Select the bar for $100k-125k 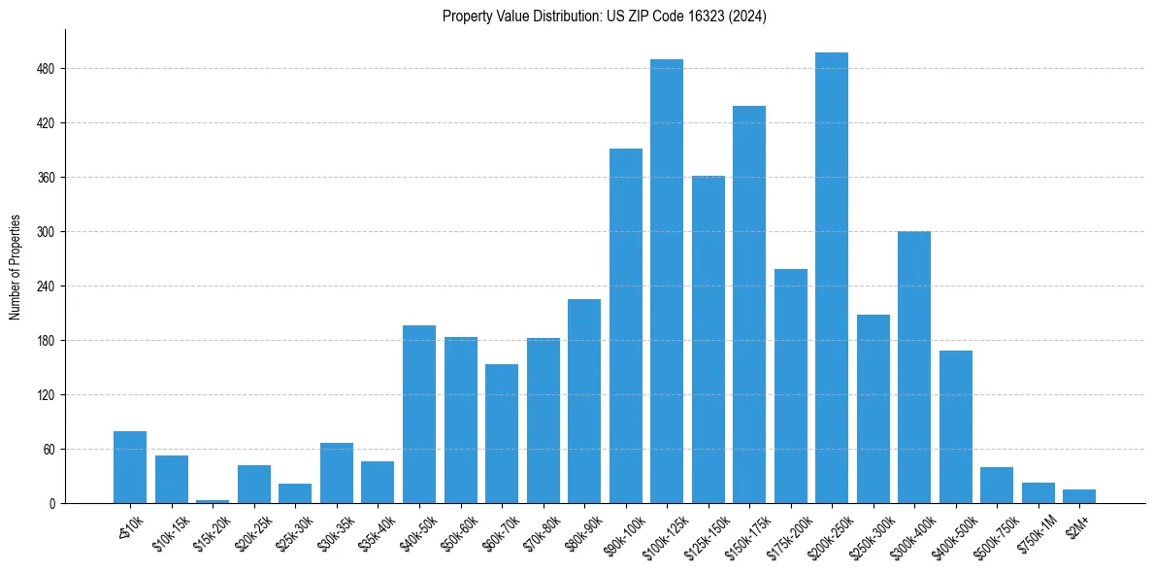click(667, 282)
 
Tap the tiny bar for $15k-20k click(213, 501)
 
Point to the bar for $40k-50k click(419, 415)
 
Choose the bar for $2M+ click(1079, 496)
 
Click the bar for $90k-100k click(626, 326)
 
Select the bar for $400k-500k click(956, 427)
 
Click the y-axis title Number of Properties click(15, 267)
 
